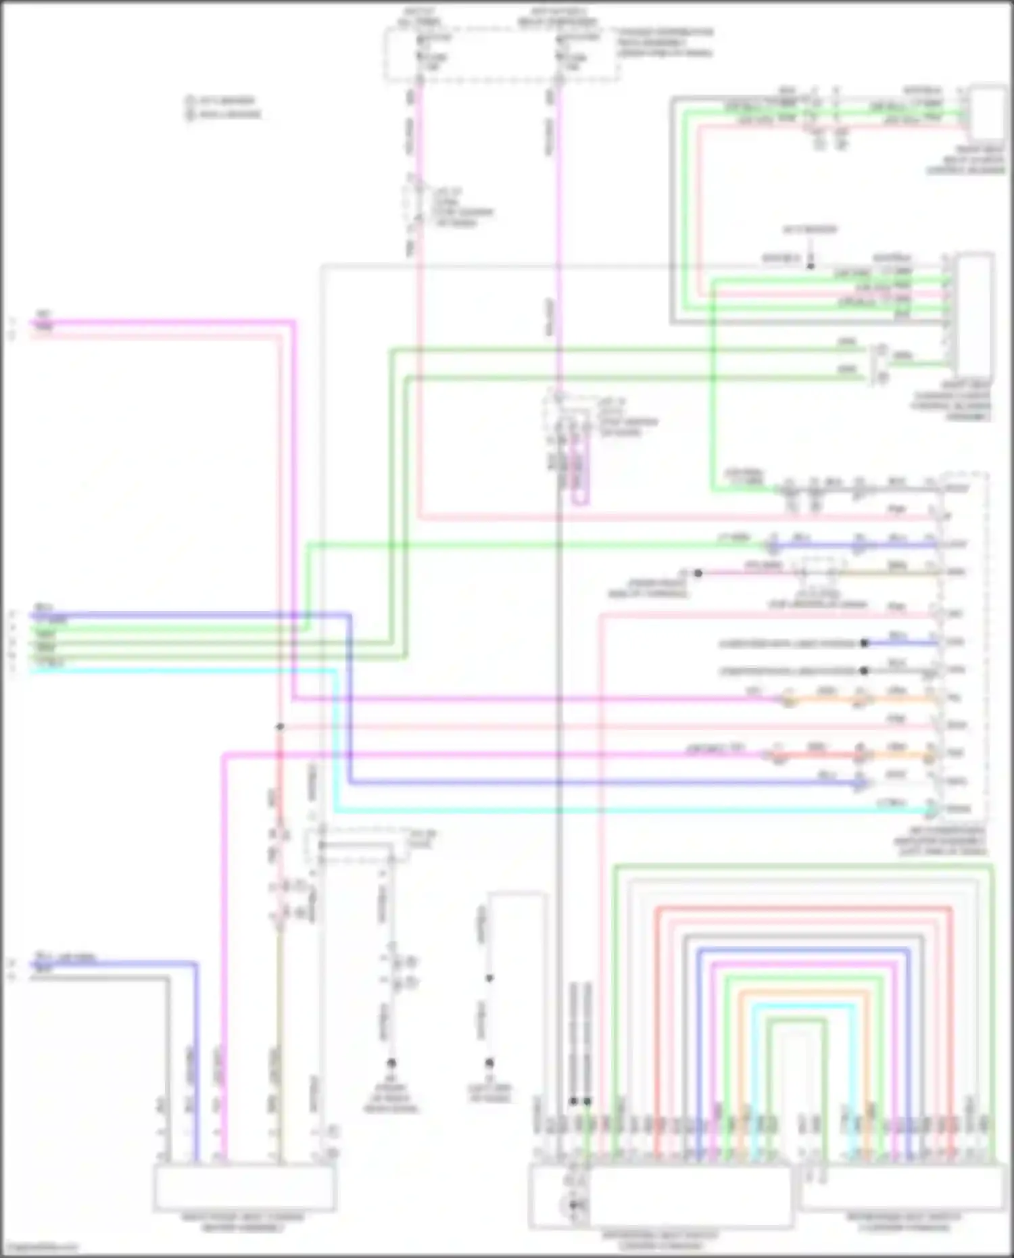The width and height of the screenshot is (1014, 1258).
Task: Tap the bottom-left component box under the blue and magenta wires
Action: click(245, 1188)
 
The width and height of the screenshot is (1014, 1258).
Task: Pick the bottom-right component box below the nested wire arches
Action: click(902, 1188)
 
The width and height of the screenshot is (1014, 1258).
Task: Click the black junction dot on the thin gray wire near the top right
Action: click(811, 266)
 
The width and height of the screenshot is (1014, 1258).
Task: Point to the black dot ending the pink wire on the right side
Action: click(698, 573)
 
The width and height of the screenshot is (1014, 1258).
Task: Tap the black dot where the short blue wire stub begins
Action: click(864, 643)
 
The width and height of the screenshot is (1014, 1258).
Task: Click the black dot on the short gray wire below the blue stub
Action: click(864, 671)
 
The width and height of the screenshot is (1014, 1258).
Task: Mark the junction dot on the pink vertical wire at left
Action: click(279, 727)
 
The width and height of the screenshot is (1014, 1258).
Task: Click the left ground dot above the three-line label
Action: click(391, 1063)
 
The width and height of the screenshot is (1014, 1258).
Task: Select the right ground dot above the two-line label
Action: click(489, 1063)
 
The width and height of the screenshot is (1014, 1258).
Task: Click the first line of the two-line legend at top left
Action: click(223, 101)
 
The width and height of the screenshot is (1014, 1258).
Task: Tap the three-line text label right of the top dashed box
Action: click(665, 42)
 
